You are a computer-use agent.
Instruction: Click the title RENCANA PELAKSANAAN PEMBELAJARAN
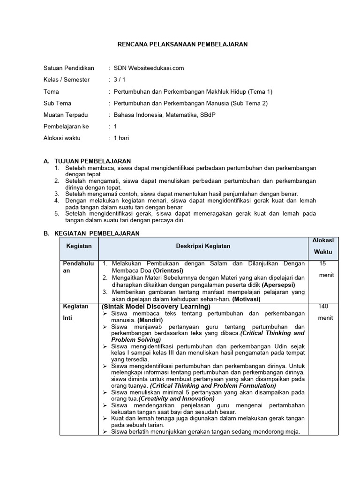click(x=181, y=44)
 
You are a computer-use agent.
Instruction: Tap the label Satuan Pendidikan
click(x=68, y=68)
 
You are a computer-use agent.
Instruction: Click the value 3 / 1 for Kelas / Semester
click(x=120, y=80)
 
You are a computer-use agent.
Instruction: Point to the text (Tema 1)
click(x=260, y=91)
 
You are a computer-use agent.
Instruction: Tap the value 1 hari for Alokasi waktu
click(x=121, y=138)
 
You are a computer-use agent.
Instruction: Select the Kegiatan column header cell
click(x=79, y=246)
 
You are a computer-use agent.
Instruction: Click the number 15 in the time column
click(x=322, y=264)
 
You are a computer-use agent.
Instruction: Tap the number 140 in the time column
click(x=323, y=307)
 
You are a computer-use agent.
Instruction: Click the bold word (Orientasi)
click(x=164, y=270)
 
